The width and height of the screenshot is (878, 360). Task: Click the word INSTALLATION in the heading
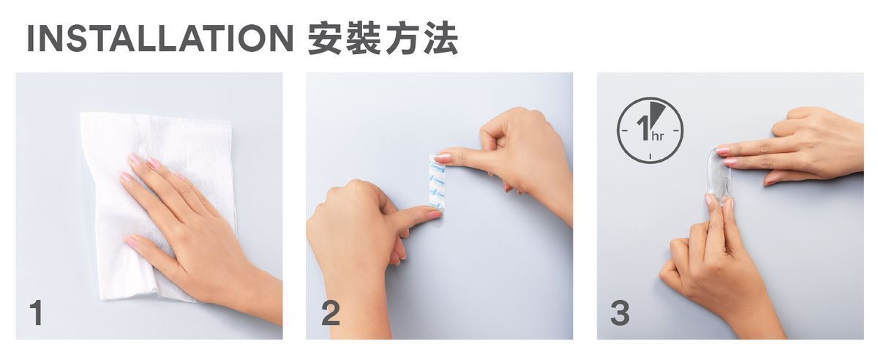[160, 39]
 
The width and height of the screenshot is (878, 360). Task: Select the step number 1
[37, 312]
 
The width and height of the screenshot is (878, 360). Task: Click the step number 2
[331, 312]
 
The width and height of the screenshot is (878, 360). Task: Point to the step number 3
[620, 312]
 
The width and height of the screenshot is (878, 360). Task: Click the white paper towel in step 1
[157, 204]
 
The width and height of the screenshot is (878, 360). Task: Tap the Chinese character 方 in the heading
[402, 39]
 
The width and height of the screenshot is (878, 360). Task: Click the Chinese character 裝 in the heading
[364, 39]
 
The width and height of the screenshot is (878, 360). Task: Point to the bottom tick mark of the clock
[650, 156]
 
